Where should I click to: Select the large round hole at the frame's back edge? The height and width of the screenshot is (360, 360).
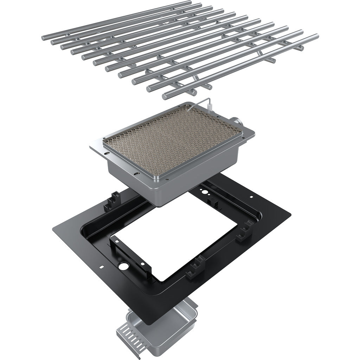pyautogui.click(x=202, y=192)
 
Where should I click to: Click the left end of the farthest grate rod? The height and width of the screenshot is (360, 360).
pyautogui.click(x=44, y=37)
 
